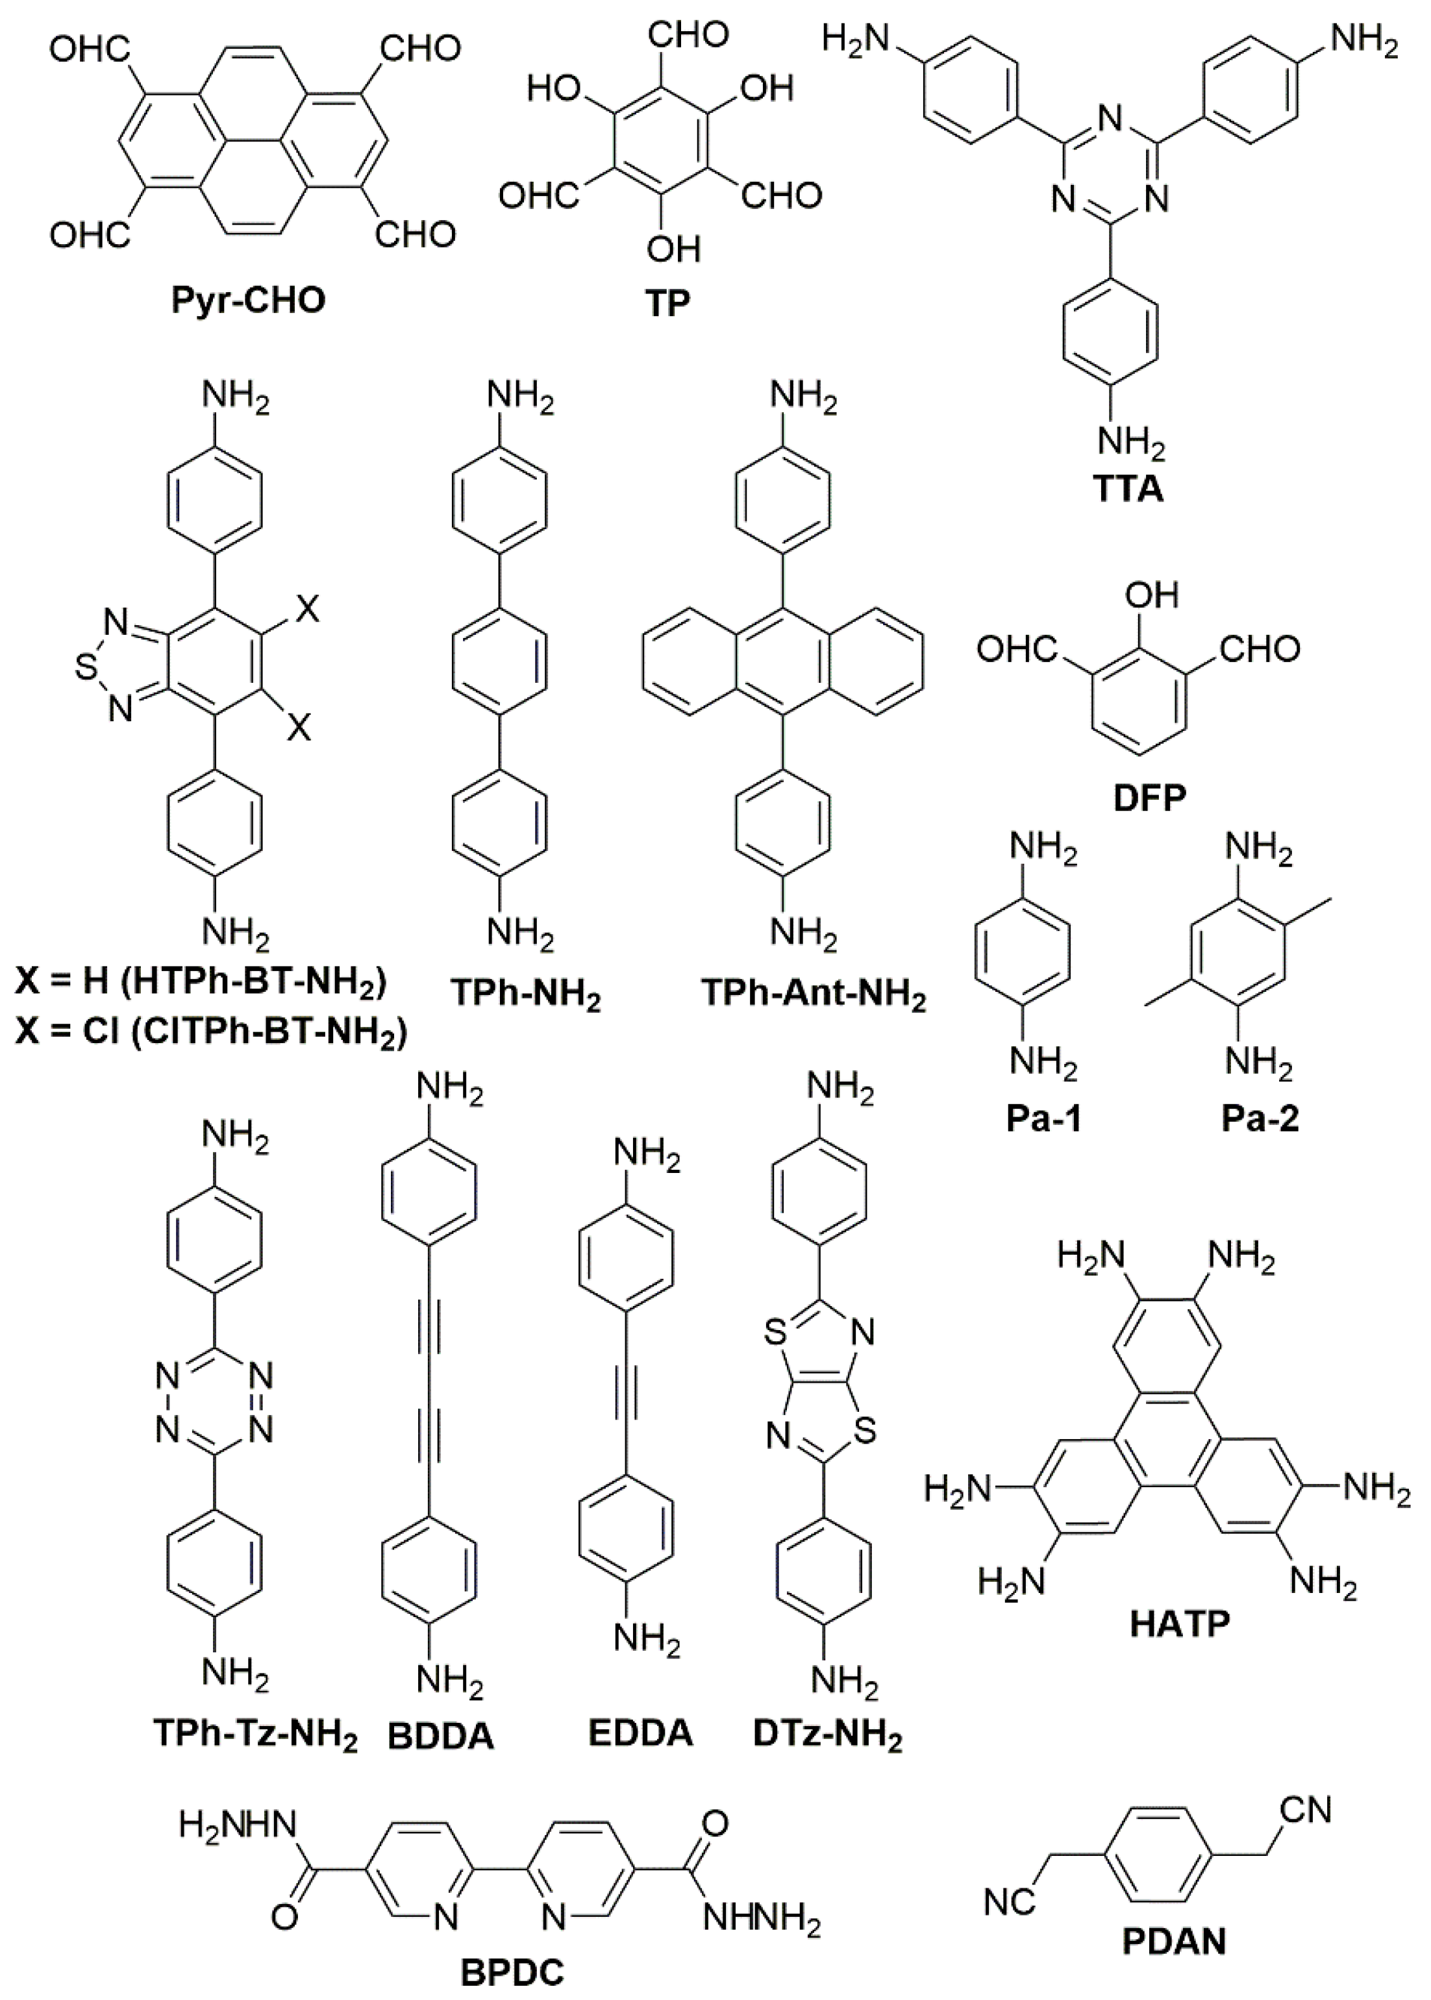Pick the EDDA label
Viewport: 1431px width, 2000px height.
pos(641,1733)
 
